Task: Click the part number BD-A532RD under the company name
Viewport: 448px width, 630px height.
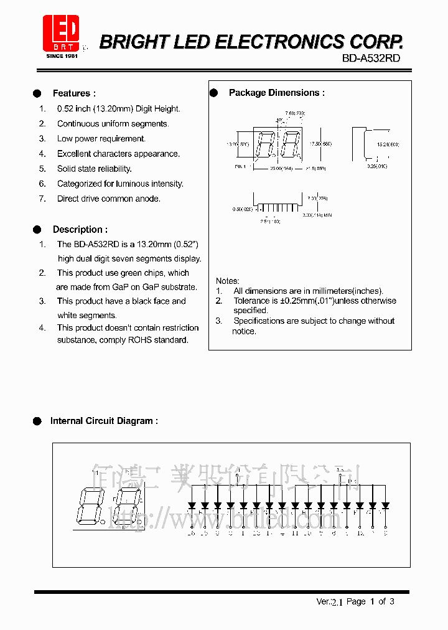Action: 371,58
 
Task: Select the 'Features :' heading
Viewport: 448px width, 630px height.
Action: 74,93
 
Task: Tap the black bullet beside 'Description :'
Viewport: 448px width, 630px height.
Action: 37,230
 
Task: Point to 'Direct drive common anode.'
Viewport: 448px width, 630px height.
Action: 108,199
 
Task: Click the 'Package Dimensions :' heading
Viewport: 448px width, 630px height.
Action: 276,93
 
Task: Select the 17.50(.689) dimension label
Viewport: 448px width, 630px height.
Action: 320,144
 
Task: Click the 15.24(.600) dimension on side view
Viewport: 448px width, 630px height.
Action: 388,144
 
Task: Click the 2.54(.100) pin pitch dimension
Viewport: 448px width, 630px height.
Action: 270,221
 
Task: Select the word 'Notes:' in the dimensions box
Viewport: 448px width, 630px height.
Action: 228,281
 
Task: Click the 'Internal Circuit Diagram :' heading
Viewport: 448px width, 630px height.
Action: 103,421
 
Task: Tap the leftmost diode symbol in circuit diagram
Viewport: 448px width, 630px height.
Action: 192,505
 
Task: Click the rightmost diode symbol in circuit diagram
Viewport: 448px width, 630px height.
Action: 385,505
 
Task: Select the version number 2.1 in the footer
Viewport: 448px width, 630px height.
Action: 337,602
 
